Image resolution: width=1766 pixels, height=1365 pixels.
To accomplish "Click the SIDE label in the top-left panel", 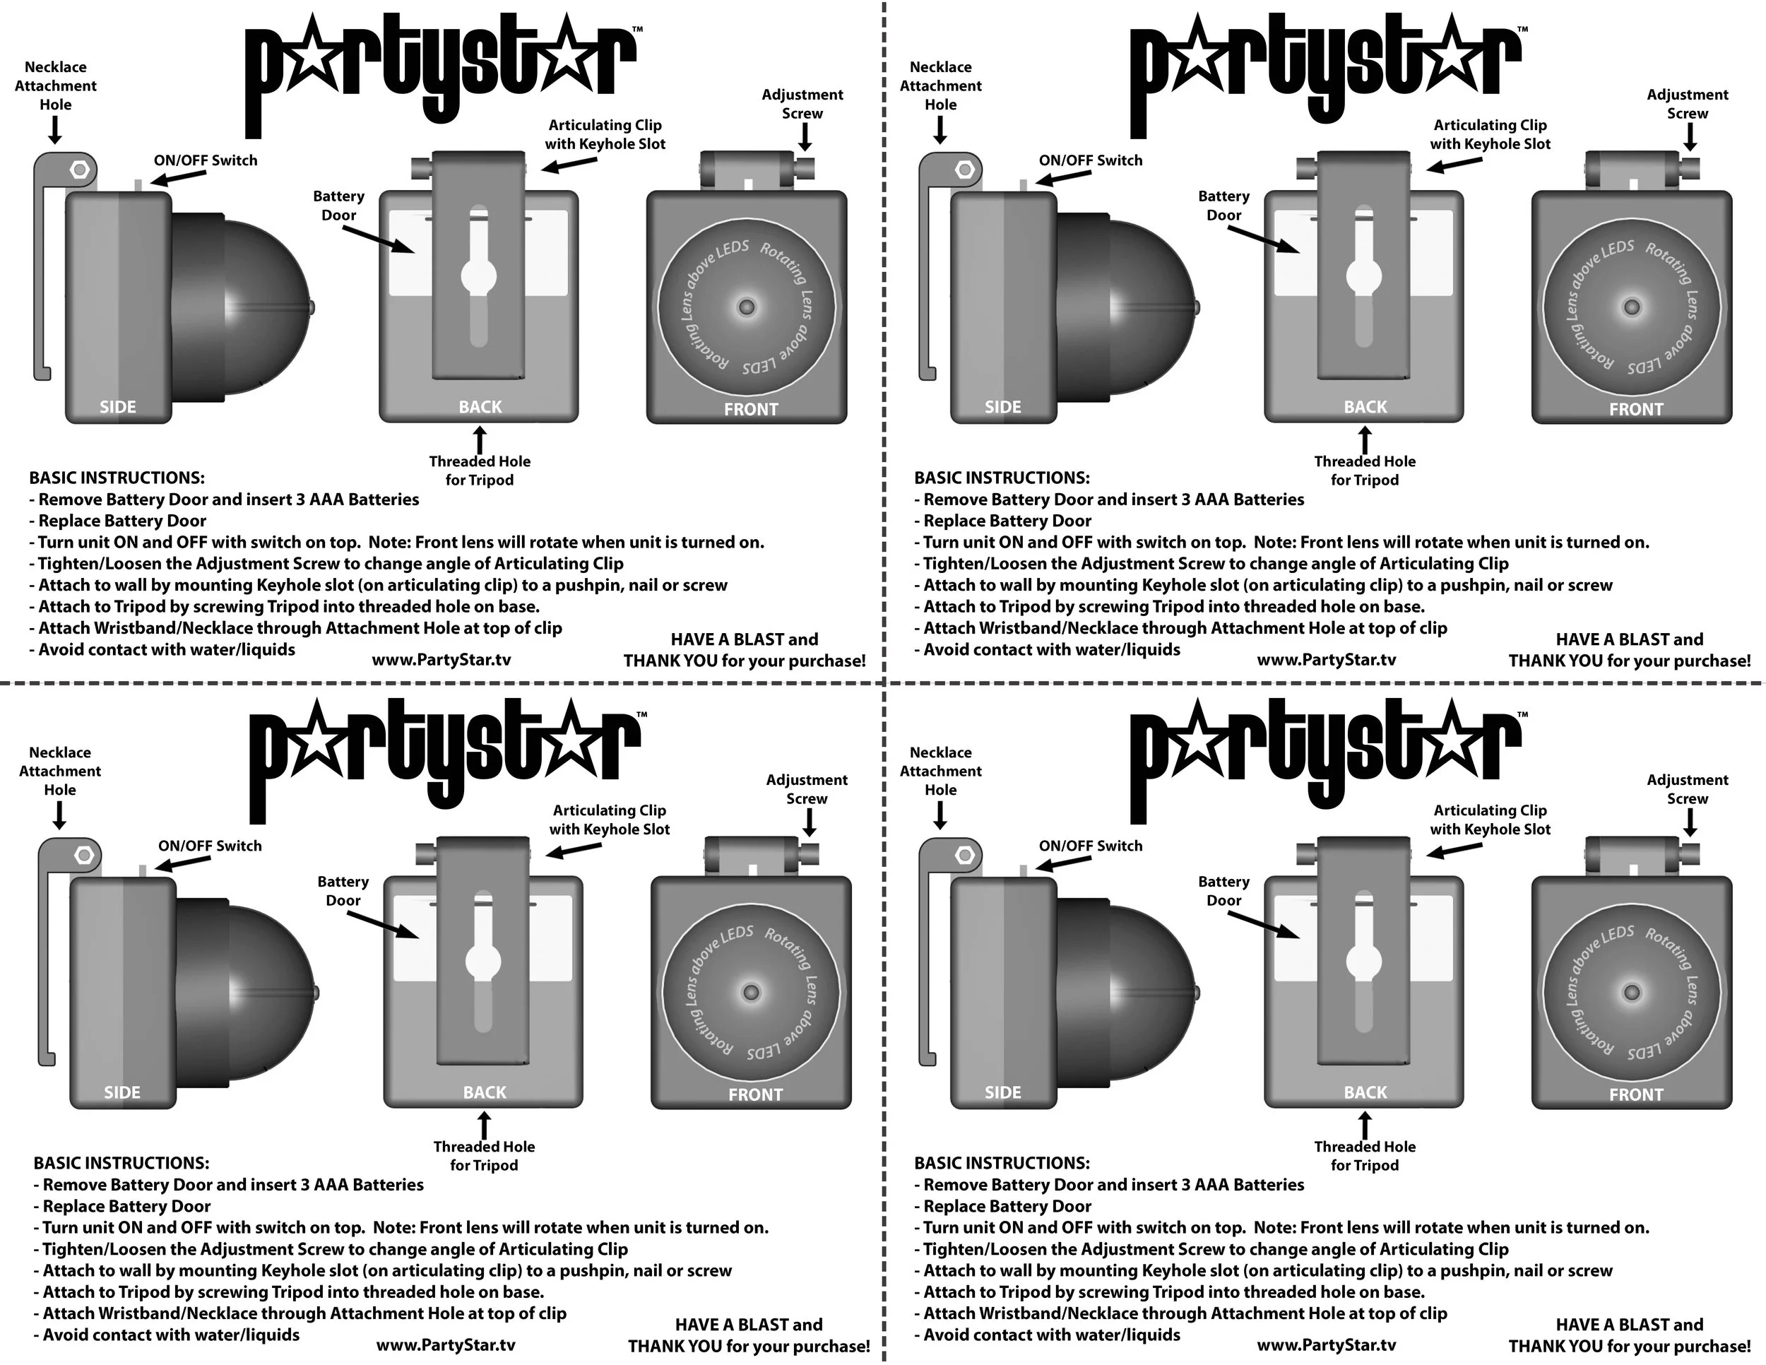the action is (x=117, y=407).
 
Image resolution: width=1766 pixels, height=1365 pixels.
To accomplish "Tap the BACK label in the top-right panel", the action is (x=1365, y=407).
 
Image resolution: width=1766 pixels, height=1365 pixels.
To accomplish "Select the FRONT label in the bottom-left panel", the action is (x=755, y=1094).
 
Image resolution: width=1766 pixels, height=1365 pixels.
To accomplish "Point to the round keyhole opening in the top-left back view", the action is (x=479, y=276).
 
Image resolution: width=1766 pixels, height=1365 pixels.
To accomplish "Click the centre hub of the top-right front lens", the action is (x=1632, y=307).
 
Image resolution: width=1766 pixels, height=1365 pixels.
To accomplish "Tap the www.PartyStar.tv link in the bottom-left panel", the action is (x=446, y=1345).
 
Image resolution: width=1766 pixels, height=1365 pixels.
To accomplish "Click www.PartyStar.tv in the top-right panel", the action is (x=1326, y=659).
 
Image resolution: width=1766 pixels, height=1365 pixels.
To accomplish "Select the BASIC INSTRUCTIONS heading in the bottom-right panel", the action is (x=1002, y=1163).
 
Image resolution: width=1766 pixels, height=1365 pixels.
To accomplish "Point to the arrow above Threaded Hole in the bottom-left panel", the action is (x=485, y=1125).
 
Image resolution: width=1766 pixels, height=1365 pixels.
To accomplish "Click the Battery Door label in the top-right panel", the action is (x=1223, y=206).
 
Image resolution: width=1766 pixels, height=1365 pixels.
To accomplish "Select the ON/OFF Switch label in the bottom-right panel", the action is (x=1090, y=846).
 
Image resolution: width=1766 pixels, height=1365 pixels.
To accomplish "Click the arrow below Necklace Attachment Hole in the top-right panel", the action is (x=940, y=130).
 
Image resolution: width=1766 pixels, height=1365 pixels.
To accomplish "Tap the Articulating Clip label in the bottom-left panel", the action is (x=610, y=819).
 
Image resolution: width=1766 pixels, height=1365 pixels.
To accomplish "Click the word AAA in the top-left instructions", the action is (x=326, y=500).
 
